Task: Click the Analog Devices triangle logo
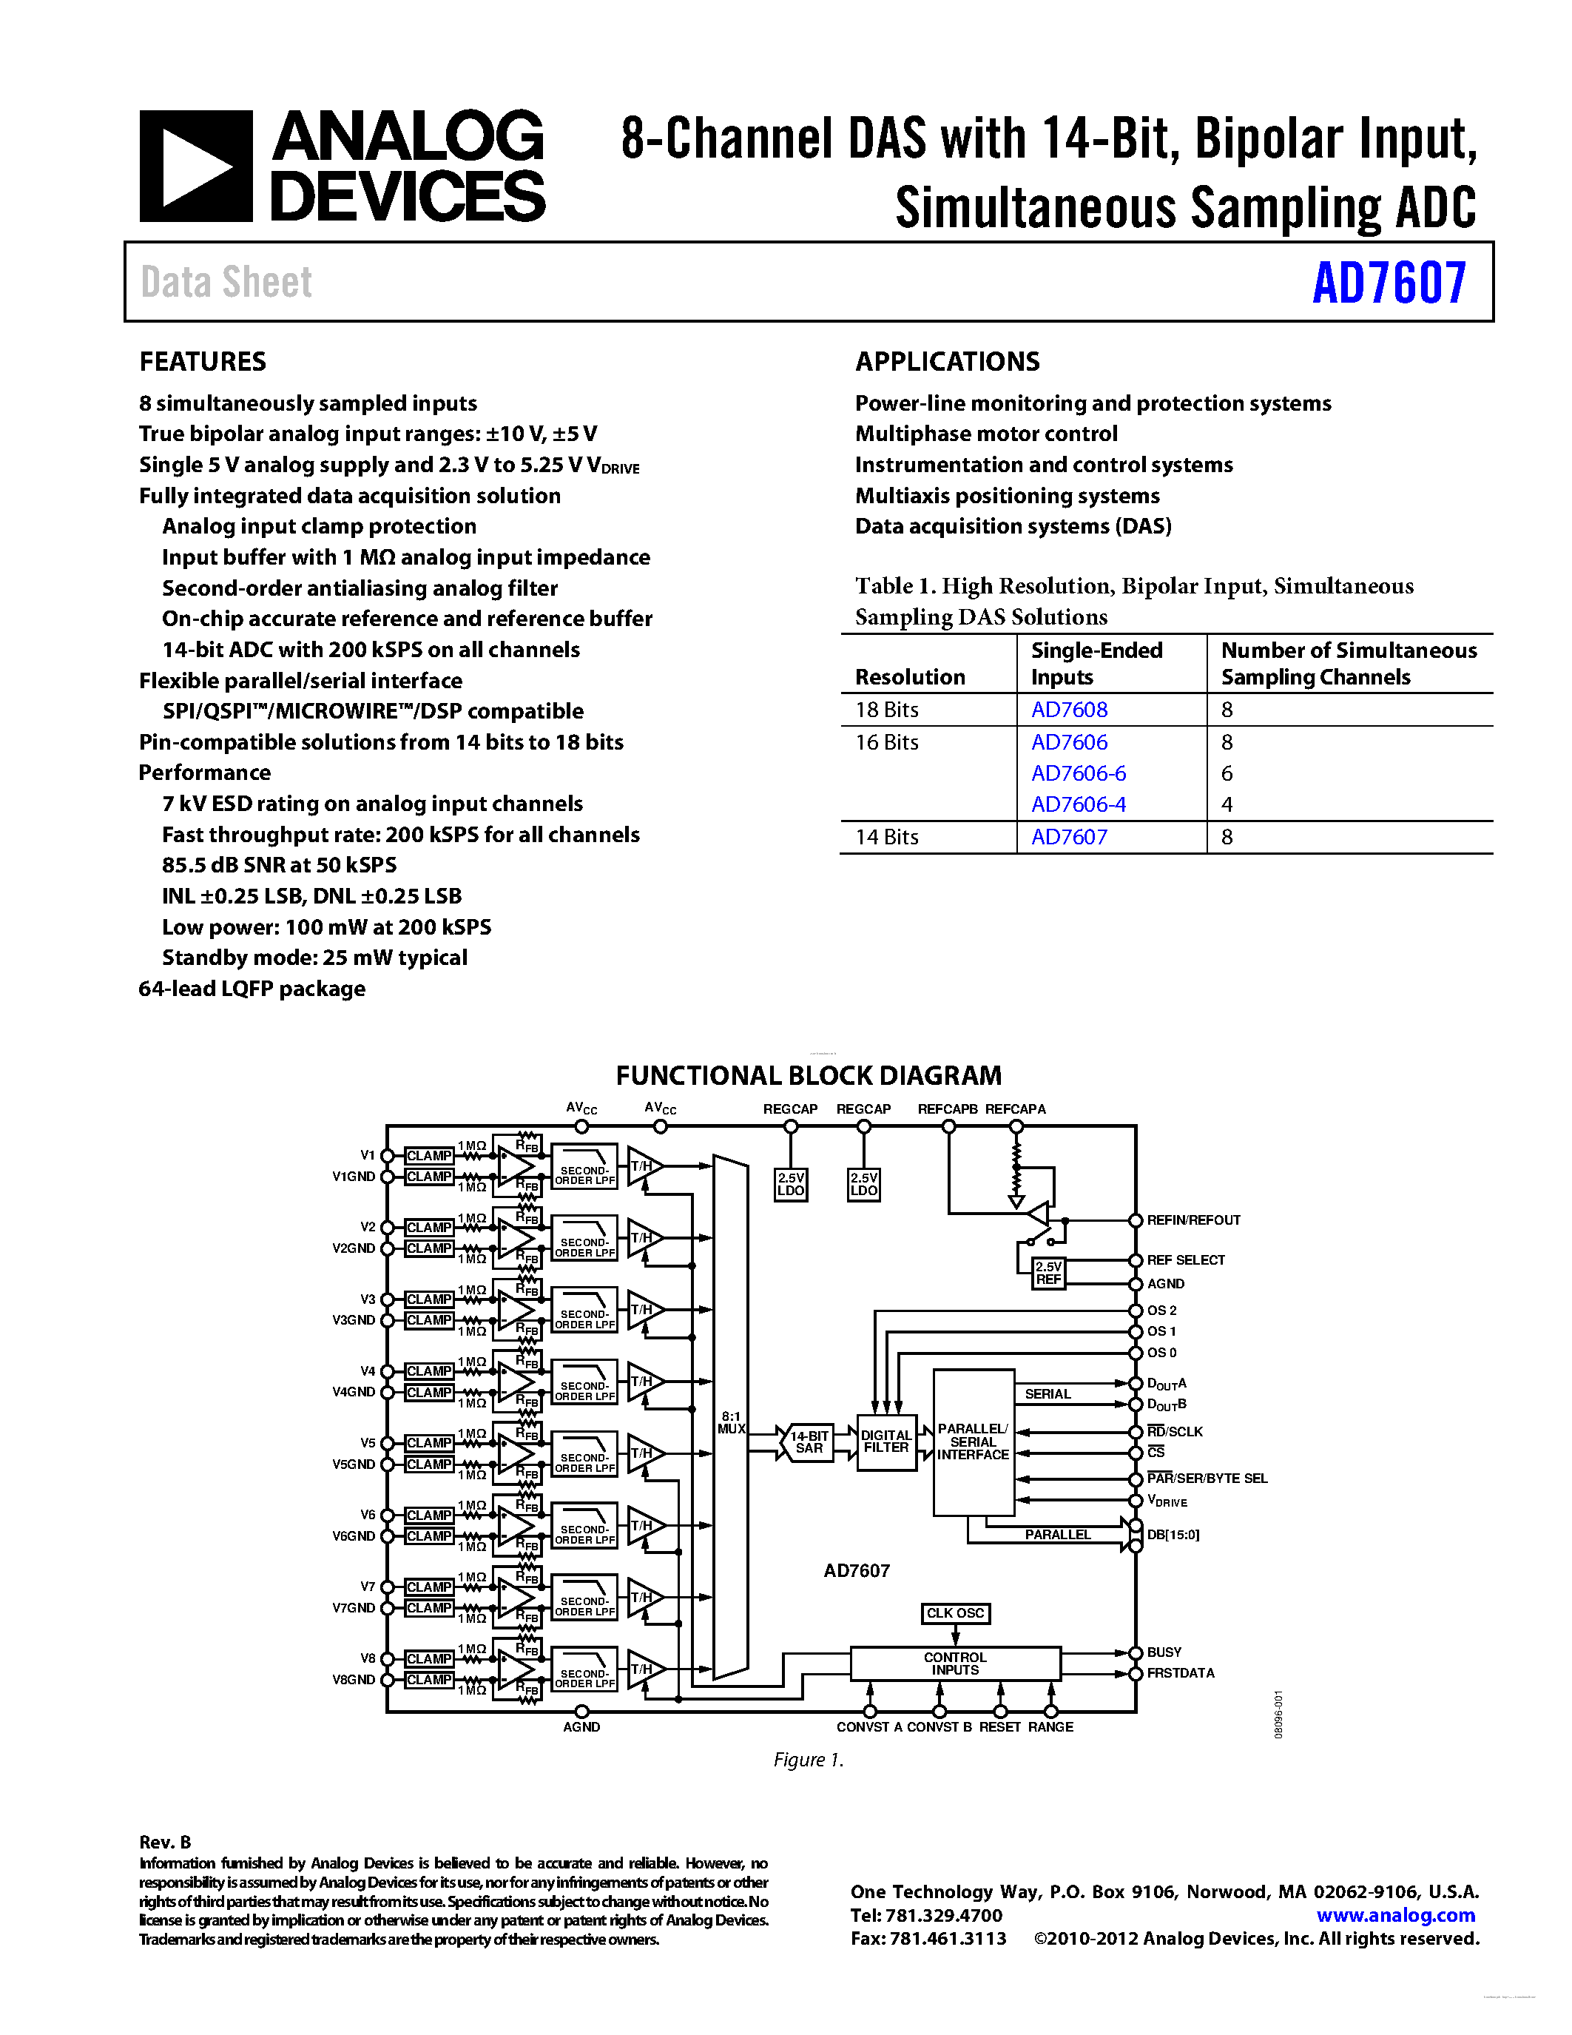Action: [195, 166]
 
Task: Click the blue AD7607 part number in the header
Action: [1389, 283]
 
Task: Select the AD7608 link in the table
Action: [1068, 710]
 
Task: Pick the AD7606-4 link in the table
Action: [1078, 804]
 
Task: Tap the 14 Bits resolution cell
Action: [886, 837]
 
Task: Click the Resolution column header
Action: [910, 677]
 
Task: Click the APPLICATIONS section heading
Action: [947, 362]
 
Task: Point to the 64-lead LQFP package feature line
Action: [252, 989]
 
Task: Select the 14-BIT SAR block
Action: [809, 1442]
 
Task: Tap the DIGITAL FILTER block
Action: [885, 1442]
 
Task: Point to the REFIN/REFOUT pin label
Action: [1193, 1220]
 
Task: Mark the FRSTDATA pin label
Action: [1180, 1673]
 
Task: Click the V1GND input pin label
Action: [353, 1177]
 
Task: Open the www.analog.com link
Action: [1395, 1916]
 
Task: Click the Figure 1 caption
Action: [807, 1760]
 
